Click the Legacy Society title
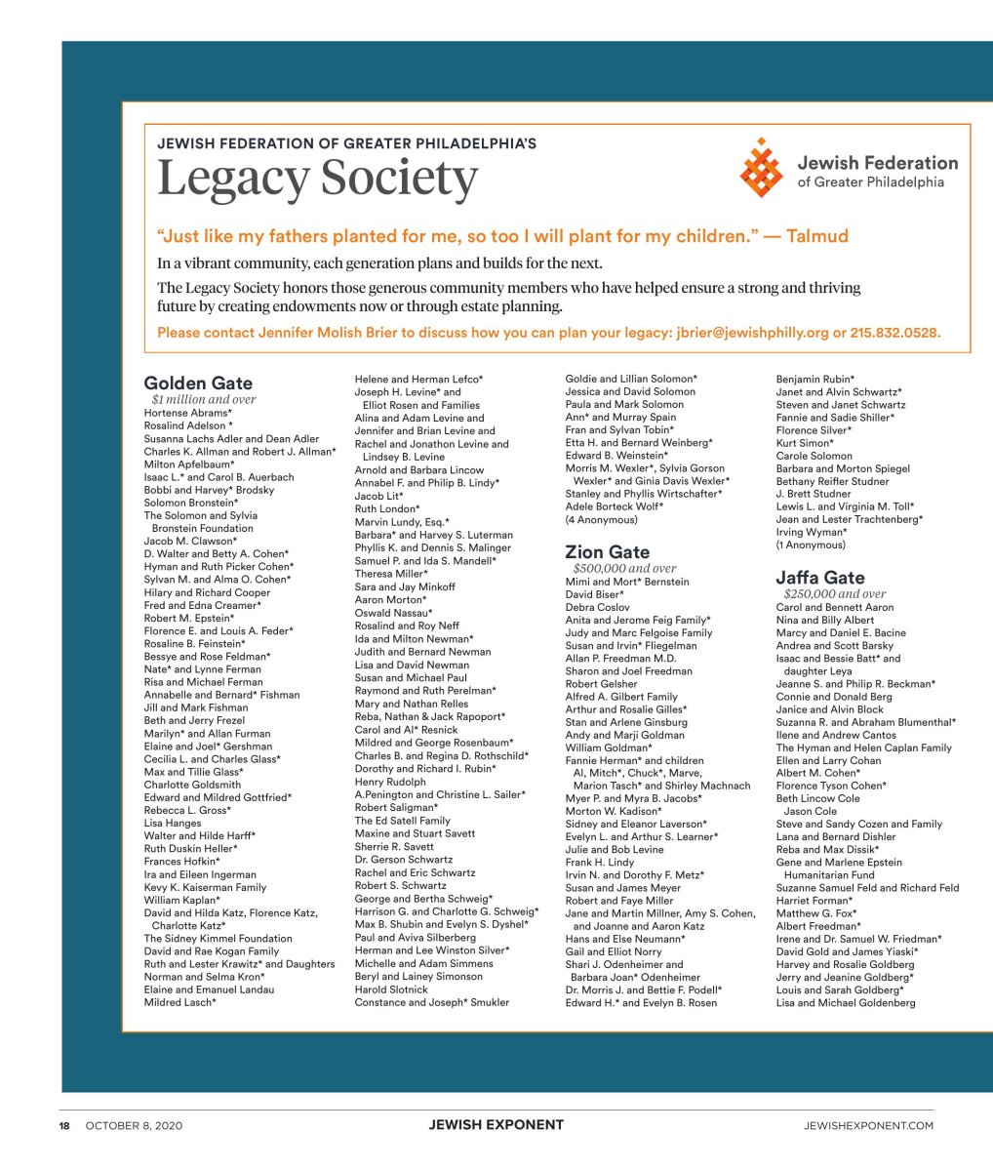(x=317, y=179)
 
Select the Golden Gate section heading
(x=198, y=383)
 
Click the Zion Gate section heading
(x=607, y=552)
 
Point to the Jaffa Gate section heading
(x=819, y=578)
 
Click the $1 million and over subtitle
(x=204, y=399)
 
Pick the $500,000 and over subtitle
(x=624, y=568)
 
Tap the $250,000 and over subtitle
(x=835, y=593)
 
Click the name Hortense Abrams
(x=187, y=413)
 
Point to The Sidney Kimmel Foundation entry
(x=218, y=938)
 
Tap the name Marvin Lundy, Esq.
(x=402, y=522)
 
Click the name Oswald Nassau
(x=393, y=613)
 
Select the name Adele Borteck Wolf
(x=614, y=506)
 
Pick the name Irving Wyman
(x=812, y=532)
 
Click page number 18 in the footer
(x=64, y=1125)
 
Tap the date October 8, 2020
(x=134, y=1125)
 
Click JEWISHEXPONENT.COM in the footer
(x=868, y=1125)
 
